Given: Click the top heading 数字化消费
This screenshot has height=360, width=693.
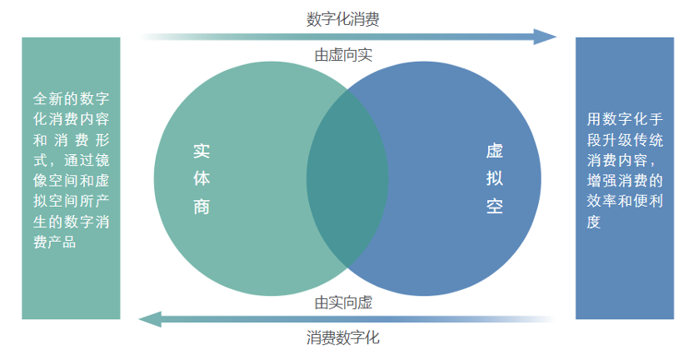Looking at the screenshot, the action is click(x=343, y=19).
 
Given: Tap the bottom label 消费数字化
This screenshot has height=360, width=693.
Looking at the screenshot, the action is click(x=343, y=337).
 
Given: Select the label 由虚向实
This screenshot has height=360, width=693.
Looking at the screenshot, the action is click(x=343, y=55).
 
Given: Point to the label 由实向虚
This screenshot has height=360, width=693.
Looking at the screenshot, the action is click(x=343, y=302).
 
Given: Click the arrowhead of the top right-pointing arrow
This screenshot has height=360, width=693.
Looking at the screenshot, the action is click(x=545, y=37).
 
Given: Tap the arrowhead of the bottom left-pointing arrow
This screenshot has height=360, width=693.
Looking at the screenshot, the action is click(x=150, y=319).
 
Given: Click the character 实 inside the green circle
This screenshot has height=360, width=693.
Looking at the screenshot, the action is click(x=202, y=152).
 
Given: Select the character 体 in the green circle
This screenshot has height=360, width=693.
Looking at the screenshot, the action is click(x=202, y=178).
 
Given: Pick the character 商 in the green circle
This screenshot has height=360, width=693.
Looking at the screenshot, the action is click(x=202, y=207).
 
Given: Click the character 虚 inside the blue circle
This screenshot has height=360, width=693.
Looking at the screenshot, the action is click(x=495, y=151).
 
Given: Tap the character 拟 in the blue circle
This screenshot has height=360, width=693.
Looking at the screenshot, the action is click(x=495, y=178).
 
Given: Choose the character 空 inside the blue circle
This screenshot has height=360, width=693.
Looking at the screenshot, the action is click(x=495, y=206).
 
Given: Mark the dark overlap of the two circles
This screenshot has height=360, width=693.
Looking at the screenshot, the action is click(x=347, y=178).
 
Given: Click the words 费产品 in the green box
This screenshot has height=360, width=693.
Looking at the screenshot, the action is click(x=55, y=242).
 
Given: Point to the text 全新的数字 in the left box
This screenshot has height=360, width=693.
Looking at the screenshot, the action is click(x=71, y=98).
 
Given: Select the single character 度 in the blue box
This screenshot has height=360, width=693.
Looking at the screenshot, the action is click(x=594, y=222).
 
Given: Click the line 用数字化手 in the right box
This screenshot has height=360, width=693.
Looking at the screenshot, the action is click(x=625, y=119).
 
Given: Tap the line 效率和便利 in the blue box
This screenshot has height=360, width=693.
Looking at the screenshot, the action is click(x=625, y=201).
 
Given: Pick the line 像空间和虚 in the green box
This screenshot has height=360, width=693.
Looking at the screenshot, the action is click(x=71, y=181).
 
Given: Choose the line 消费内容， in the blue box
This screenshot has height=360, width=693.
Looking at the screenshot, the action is click(x=621, y=160).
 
